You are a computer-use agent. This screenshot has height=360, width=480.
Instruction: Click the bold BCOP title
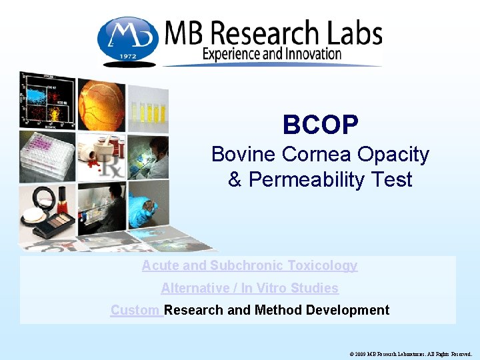point(320,124)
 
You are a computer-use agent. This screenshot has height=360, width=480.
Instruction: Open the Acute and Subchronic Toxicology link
point(249,265)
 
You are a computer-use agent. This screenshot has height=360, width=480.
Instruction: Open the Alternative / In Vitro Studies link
point(249,288)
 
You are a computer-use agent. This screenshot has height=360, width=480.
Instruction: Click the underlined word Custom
point(136,310)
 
